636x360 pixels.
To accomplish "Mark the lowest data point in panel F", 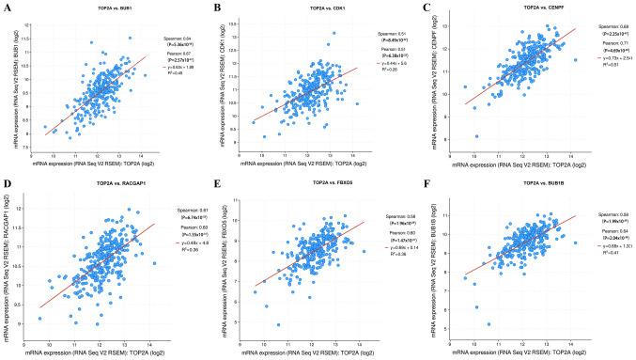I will click(489, 324).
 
